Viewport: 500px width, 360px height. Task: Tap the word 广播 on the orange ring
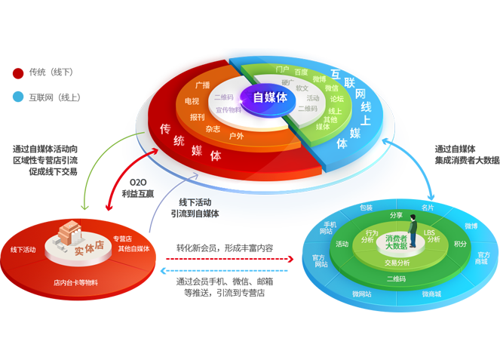(202, 85)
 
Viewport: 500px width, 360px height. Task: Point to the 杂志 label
(213, 129)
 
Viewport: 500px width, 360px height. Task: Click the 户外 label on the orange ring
(236, 136)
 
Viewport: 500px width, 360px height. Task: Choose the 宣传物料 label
(228, 109)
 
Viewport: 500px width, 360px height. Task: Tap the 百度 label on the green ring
(301, 72)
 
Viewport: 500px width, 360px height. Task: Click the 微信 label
(332, 88)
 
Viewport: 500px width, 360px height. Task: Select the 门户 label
(283, 69)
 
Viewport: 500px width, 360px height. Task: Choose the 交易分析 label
(397, 263)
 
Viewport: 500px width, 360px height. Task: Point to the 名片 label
(428, 206)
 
